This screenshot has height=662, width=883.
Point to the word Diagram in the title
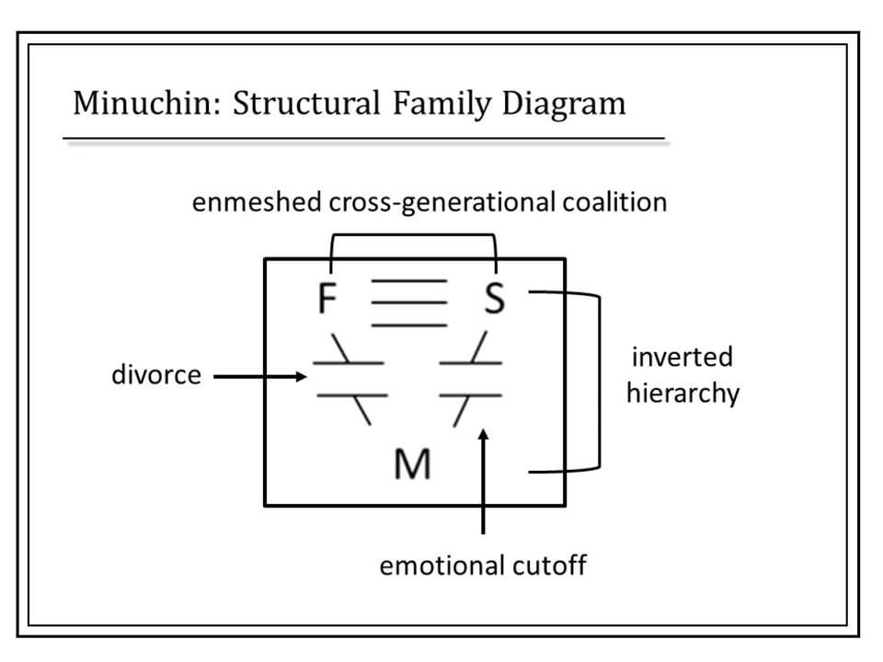[563, 103]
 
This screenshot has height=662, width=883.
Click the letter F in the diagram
[326, 300]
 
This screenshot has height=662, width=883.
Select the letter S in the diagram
[495, 300]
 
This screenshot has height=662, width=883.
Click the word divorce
[155, 376]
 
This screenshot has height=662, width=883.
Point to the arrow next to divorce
[261, 376]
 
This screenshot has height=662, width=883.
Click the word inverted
[682, 357]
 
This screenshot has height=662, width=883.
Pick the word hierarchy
[682, 394]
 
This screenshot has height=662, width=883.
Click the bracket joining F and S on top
[412, 234]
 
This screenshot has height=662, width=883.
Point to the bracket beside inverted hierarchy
[599, 382]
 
